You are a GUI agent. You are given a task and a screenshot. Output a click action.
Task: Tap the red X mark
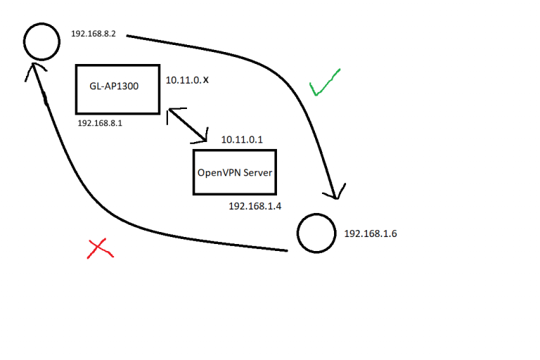pyautogui.click(x=100, y=247)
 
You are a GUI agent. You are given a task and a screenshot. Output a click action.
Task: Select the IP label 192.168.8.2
pyautogui.click(x=94, y=34)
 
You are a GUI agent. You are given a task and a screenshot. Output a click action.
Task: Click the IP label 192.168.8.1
pyautogui.click(x=100, y=123)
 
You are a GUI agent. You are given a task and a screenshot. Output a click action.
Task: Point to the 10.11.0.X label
pyautogui.click(x=187, y=80)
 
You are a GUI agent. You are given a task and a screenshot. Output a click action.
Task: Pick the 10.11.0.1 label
pyautogui.click(x=242, y=139)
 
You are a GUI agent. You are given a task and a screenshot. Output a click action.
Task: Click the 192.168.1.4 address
pyautogui.click(x=255, y=206)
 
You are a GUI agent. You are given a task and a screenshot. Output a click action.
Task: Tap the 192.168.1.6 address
pyautogui.click(x=371, y=233)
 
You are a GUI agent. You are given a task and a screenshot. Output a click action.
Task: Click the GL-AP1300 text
pyautogui.click(x=114, y=86)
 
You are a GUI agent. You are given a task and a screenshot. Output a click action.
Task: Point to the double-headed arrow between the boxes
pyautogui.click(x=188, y=125)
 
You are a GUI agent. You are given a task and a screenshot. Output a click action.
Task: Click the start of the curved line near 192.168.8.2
pyautogui.click(x=127, y=35)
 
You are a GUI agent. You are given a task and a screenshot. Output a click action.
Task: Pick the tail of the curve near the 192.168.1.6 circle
pyautogui.click(x=287, y=250)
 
